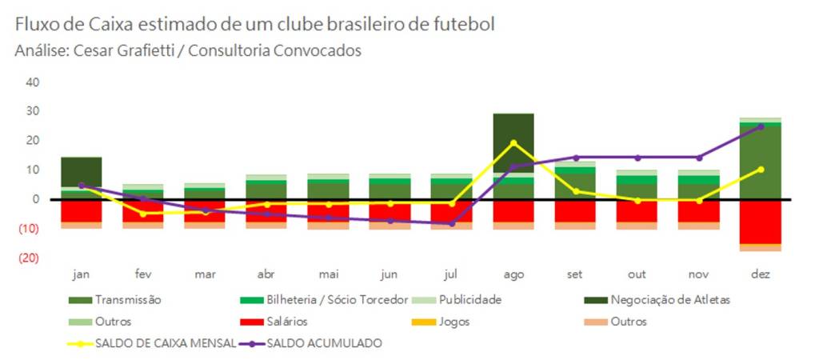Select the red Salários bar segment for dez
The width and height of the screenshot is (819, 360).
tap(761, 222)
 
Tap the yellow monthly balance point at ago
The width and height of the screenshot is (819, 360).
tap(513, 143)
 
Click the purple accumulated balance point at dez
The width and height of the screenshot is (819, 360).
tap(761, 126)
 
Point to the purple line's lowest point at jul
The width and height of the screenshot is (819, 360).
tap(452, 224)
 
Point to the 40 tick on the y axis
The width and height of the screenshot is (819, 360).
tap(34, 82)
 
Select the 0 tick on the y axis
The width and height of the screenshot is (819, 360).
tap(37, 199)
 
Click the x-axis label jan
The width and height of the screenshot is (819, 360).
tap(81, 274)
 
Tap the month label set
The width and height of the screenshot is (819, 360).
tap(575, 274)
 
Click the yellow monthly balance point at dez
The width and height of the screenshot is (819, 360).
tap(761, 170)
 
